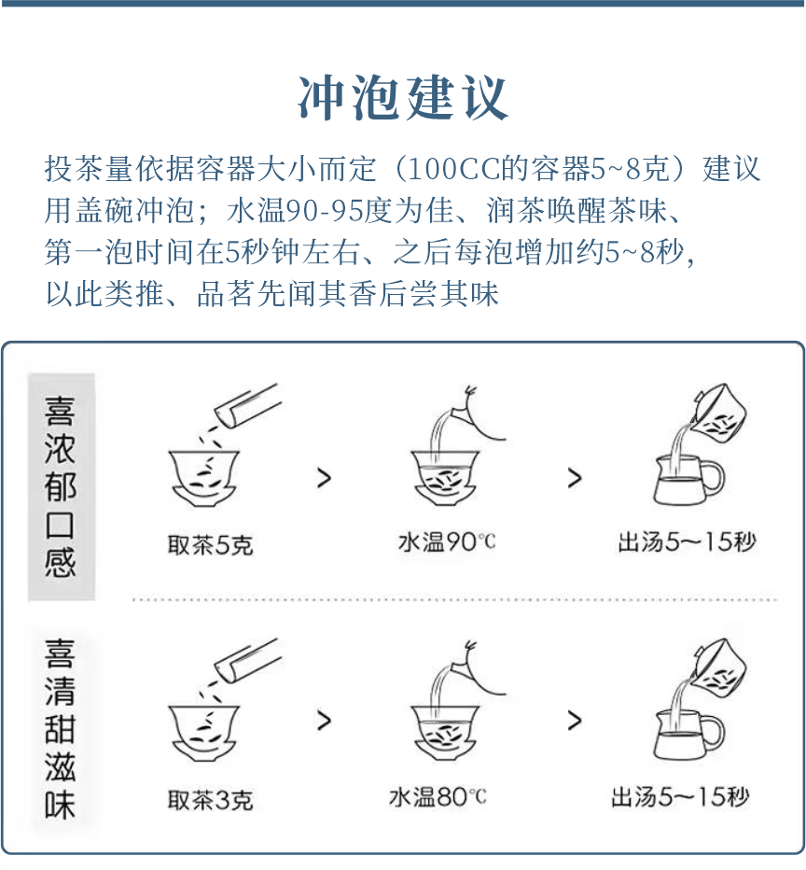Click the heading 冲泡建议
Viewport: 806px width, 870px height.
coord(403,97)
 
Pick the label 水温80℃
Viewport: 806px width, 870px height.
coord(438,797)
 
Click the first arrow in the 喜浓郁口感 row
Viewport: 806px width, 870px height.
coord(324,478)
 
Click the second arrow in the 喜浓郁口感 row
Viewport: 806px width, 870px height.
coord(574,478)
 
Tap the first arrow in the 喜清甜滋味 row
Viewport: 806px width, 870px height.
coord(324,721)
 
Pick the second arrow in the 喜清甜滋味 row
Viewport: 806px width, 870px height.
coord(574,721)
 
